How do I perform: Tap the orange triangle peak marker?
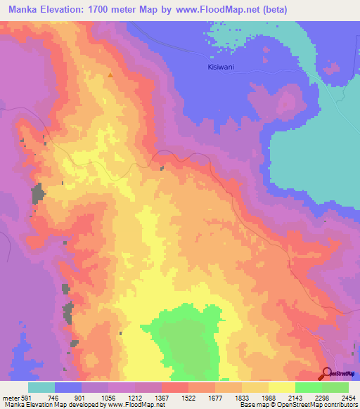coord(110,74)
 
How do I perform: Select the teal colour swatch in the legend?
coord(41,387)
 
